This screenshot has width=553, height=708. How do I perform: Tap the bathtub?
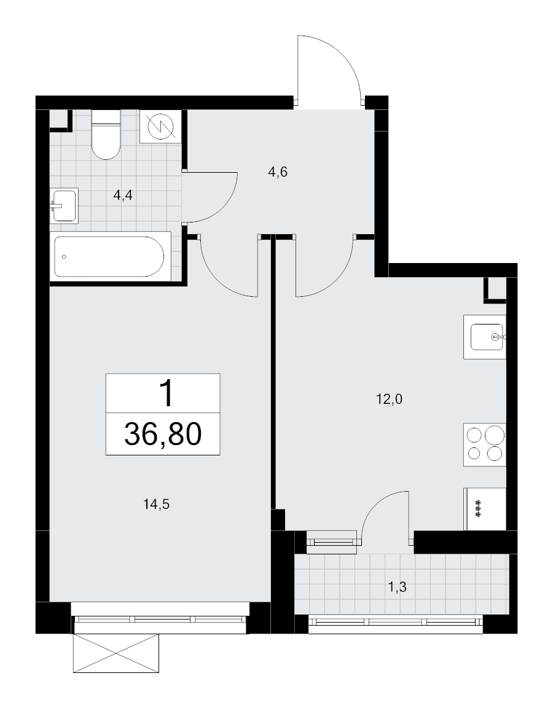click(x=110, y=257)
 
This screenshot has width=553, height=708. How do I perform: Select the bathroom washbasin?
click(x=64, y=205)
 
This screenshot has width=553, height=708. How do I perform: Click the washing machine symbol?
click(x=161, y=127)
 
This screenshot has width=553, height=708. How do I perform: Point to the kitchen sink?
click(x=485, y=337)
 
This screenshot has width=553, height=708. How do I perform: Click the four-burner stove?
click(x=485, y=445)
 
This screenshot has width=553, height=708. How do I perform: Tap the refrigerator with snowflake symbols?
click(x=485, y=509)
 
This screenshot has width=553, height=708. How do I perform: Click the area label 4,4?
click(x=123, y=196)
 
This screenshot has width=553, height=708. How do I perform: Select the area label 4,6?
click(x=278, y=172)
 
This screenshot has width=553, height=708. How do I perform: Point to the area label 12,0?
click(x=389, y=399)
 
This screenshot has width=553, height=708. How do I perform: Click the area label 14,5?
click(x=156, y=505)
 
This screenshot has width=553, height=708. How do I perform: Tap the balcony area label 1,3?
click(x=398, y=588)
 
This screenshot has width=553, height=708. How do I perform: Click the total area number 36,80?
click(x=163, y=435)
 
